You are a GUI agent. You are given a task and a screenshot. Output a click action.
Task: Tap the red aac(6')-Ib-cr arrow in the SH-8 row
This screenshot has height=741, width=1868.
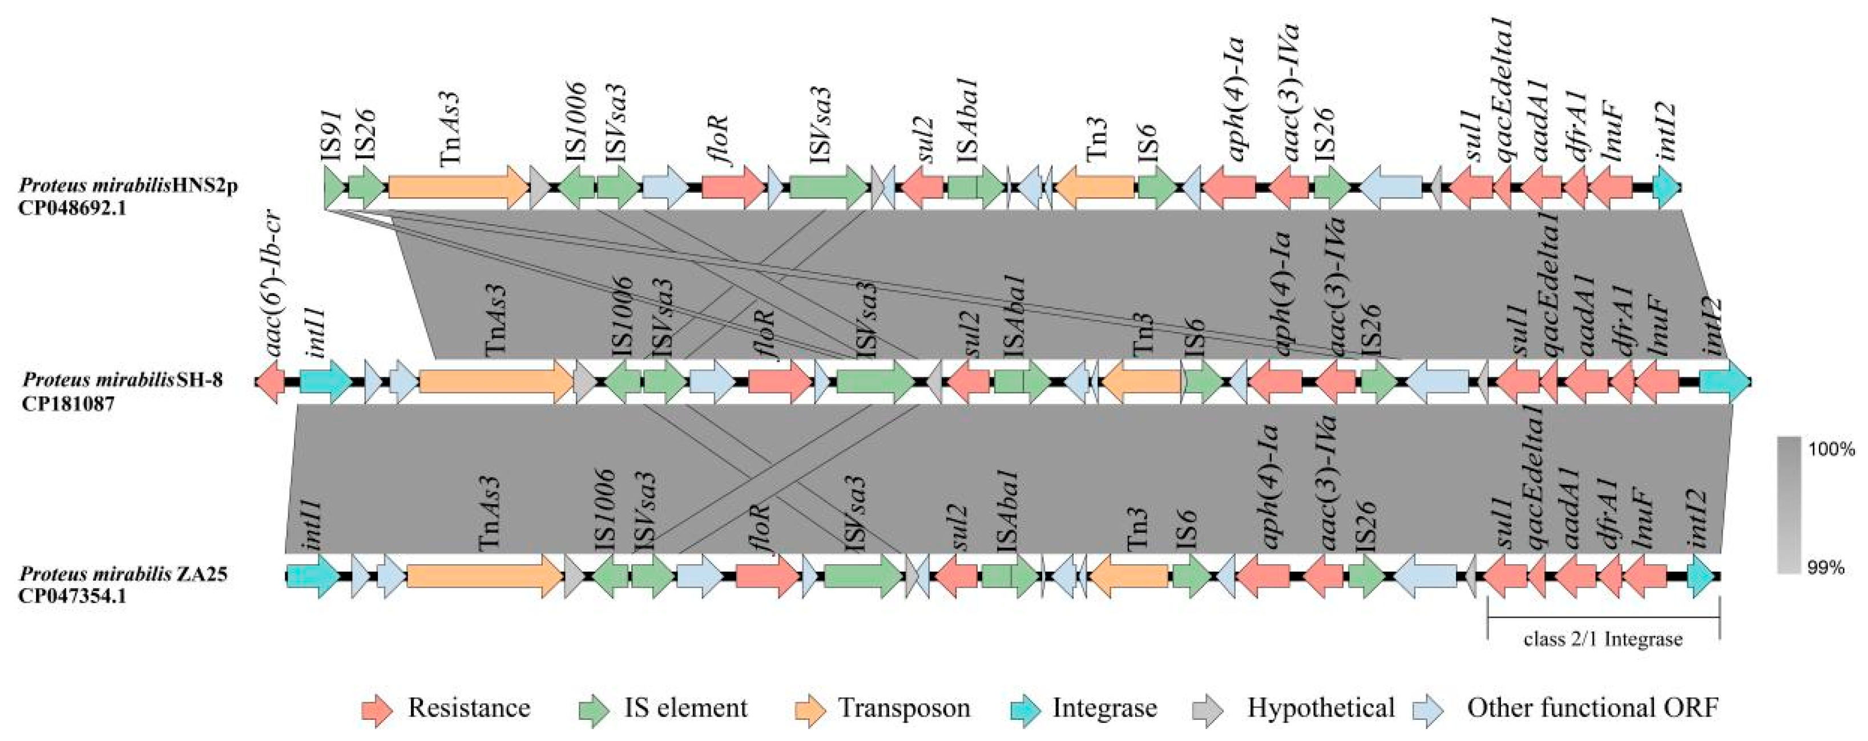click(x=271, y=380)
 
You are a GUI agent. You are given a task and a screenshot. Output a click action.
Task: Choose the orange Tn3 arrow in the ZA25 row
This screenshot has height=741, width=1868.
click(x=1128, y=576)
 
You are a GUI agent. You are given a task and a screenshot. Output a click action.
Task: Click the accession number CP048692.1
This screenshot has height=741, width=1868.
click(x=73, y=209)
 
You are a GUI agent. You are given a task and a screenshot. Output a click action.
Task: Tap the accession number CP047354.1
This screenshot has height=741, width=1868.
click(x=73, y=597)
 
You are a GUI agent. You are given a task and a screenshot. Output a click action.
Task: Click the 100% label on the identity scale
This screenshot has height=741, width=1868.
click(x=1831, y=450)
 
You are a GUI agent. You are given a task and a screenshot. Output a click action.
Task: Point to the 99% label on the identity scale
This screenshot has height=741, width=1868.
click(x=1826, y=567)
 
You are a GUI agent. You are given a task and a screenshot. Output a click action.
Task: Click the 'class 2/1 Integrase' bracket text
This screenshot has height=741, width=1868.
click(x=1603, y=639)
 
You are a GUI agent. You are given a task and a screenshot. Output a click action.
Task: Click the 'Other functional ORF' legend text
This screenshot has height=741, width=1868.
click(x=1592, y=708)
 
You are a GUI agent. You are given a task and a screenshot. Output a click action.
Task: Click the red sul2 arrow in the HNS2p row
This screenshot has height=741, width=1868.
click(x=923, y=188)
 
